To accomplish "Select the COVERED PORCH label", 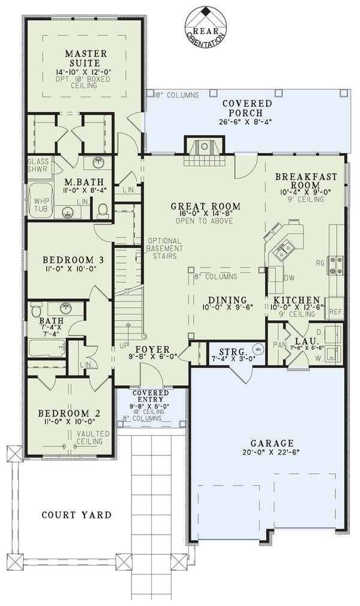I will [247, 108].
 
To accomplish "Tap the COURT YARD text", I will [76, 515].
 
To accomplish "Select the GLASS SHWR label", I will [38, 165].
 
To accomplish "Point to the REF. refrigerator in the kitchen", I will [335, 311].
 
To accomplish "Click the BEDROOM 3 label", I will [69, 260].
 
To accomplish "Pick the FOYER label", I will [152, 350].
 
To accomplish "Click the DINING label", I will [227, 300].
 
